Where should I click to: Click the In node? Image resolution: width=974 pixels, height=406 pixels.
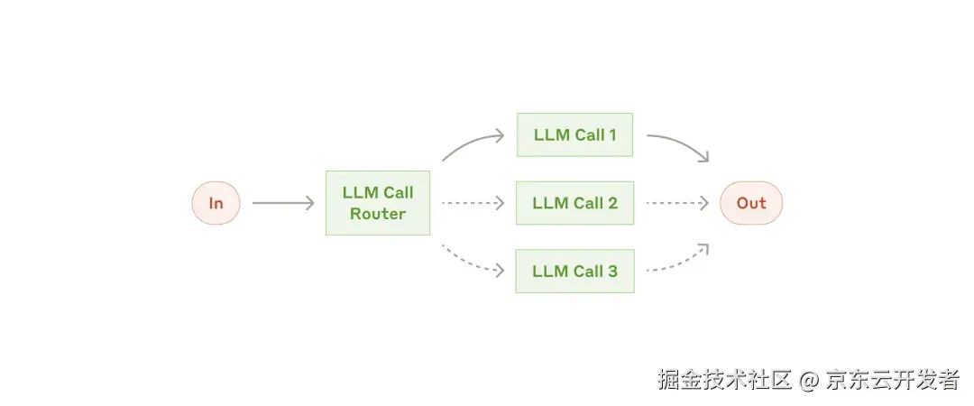tap(216, 203)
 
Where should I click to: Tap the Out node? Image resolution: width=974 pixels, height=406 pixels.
tap(750, 203)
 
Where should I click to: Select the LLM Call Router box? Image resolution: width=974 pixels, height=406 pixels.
tap(377, 203)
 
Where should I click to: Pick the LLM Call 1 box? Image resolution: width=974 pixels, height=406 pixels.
tap(574, 135)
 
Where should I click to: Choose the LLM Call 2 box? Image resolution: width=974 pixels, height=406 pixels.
tap(574, 203)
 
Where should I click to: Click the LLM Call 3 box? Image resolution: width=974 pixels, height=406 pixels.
tap(574, 271)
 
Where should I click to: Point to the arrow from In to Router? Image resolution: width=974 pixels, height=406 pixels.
tap(282, 203)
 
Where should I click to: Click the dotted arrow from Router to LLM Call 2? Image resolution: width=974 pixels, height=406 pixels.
tap(473, 203)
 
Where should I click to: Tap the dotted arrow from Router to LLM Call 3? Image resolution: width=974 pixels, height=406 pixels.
tap(471, 261)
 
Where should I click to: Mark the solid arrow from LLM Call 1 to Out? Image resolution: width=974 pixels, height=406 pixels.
tap(678, 143)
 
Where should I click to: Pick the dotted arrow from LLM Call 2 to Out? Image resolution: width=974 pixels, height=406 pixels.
tap(677, 203)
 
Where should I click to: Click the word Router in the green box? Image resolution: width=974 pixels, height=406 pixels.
tap(378, 215)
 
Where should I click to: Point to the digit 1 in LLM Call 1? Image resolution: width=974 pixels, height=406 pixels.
tap(612, 135)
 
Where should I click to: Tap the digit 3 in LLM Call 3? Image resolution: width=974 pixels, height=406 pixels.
tap(612, 271)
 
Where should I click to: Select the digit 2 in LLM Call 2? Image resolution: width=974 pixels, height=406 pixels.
tap(612, 203)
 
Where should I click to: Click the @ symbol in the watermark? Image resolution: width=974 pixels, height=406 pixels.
tap(808, 380)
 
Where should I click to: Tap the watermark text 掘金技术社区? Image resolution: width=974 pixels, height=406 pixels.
tap(724, 380)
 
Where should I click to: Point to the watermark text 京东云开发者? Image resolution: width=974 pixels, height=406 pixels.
tap(892, 380)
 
